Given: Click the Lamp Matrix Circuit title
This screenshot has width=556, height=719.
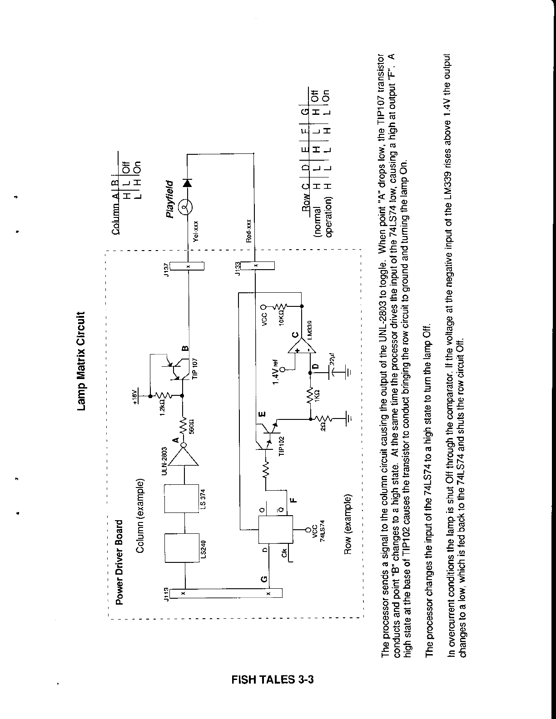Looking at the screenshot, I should coord(82,361).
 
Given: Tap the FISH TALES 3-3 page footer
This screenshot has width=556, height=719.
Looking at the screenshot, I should coord(273,680).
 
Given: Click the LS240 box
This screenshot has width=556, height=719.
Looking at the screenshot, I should coord(185,549).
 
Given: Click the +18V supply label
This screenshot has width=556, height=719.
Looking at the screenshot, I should coord(134,395).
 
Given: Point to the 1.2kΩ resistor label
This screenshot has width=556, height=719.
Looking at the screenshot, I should coord(162,405).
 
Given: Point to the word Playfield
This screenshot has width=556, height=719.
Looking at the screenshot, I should coord(170,199).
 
